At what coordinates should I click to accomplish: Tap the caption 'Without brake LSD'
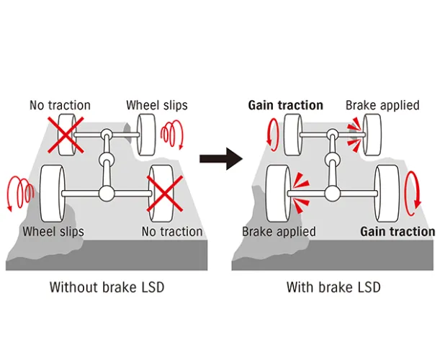pos(107,287)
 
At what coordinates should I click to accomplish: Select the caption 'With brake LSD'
pos(333,287)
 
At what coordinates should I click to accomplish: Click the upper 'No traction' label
pos(60,105)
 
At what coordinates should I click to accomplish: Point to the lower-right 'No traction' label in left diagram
pos(172,231)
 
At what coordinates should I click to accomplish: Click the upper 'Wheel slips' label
pos(156,105)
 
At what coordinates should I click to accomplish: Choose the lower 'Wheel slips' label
pos(53,231)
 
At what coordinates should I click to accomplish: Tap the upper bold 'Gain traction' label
pos(285,105)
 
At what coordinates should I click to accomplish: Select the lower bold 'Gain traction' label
pos(398,231)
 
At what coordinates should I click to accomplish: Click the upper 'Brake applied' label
pos(382,105)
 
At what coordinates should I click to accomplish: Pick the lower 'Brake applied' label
pos(279,231)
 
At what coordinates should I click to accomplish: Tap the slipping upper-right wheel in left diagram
pos(146,134)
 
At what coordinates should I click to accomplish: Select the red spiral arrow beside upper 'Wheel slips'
pos(172,134)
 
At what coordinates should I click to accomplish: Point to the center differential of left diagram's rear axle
pos(107,193)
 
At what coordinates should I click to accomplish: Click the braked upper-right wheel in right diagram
pos(372,134)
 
